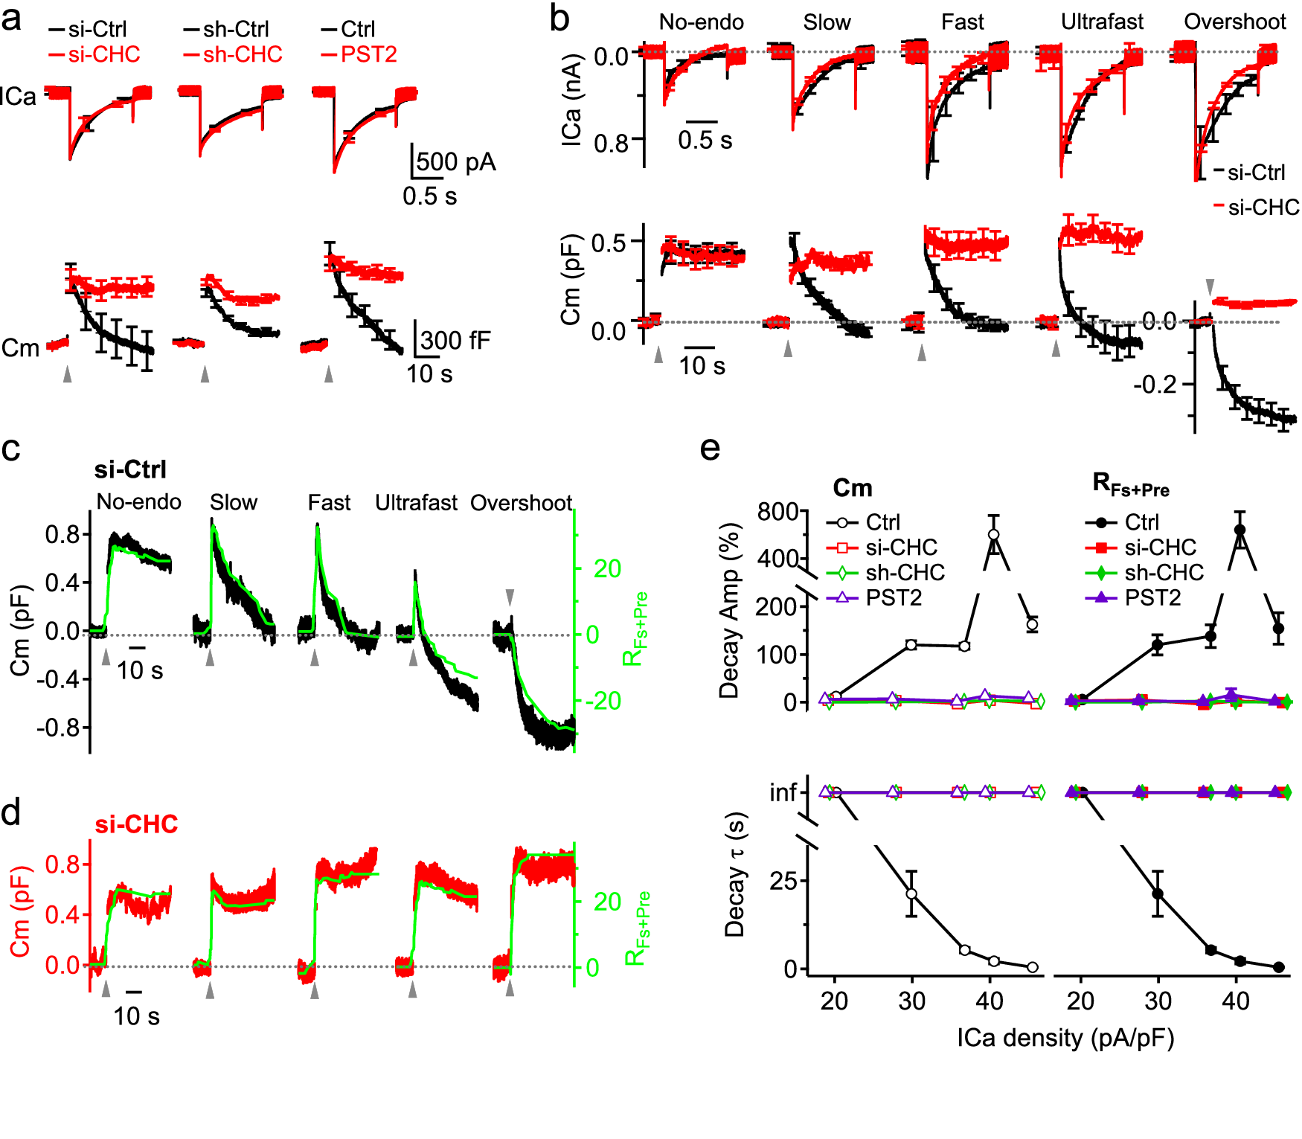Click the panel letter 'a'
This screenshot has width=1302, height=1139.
(x=12, y=19)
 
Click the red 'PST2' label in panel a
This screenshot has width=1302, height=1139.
(x=368, y=54)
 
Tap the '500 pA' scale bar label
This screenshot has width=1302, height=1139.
(x=455, y=162)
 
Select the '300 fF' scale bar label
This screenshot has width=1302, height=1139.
(x=455, y=341)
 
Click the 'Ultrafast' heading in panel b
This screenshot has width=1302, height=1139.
(x=1102, y=22)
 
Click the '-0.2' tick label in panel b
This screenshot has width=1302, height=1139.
(x=1155, y=385)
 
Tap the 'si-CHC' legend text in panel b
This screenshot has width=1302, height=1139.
(x=1263, y=208)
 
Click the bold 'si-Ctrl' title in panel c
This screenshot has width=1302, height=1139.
(x=130, y=469)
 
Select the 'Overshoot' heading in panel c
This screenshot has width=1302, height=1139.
(x=521, y=503)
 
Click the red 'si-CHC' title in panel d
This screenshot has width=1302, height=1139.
(x=136, y=824)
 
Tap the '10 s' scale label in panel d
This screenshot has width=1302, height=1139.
(x=136, y=1016)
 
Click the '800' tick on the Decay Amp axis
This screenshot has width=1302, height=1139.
(x=777, y=512)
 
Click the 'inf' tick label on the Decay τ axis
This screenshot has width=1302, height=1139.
(x=783, y=792)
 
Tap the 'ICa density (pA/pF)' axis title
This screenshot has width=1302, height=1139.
(x=1065, y=1038)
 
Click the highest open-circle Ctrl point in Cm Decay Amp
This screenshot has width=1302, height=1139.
(x=993, y=534)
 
